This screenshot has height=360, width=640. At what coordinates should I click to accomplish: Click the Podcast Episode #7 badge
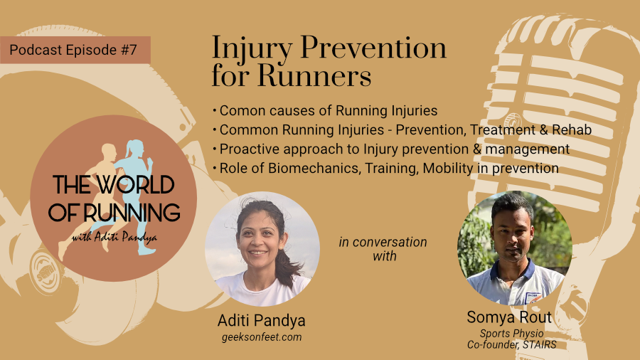pyautogui.click(x=75, y=50)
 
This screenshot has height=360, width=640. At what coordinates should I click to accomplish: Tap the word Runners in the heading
pyautogui.click(x=314, y=75)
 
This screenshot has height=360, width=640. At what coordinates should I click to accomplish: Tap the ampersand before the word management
pyautogui.click(x=477, y=149)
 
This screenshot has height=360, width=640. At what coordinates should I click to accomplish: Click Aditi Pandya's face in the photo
pyautogui.click(x=258, y=239)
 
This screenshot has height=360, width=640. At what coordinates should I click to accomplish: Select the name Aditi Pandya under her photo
pyautogui.click(x=261, y=320)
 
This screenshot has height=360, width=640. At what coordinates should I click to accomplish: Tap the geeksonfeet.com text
pyautogui.click(x=262, y=337)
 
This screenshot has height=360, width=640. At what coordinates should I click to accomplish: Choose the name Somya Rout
pyautogui.click(x=509, y=317)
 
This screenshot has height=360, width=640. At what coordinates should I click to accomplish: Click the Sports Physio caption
pyautogui.click(x=512, y=334)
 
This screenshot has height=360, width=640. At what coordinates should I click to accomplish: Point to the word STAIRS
pyautogui.click(x=540, y=345)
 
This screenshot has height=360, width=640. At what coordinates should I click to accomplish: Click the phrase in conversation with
pyautogui.click(x=383, y=249)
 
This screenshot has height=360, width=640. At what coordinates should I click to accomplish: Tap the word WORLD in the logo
pyautogui.click(x=136, y=185)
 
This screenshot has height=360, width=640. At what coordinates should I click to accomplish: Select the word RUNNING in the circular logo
pyautogui.click(x=132, y=213)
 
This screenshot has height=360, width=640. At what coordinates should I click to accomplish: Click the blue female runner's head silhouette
pyautogui.click(x=136, y=149)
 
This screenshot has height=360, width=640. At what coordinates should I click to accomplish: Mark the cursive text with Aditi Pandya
pyautogui.click(x=114, y=237)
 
